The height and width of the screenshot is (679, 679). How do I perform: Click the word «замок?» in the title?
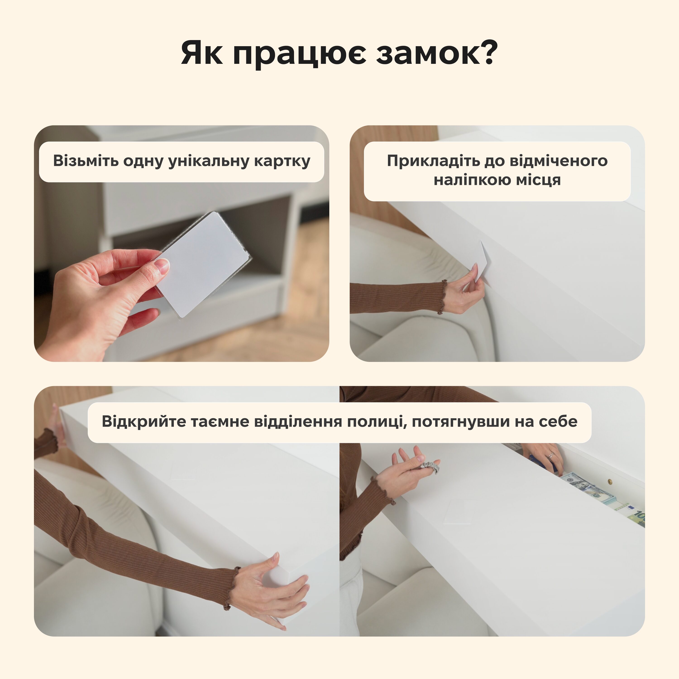(x=437, y=53)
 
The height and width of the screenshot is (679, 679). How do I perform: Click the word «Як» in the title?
(x=202, y=53)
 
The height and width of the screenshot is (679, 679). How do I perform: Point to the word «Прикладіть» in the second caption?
(x=433, y=161)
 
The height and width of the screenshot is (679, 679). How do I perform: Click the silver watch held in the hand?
(x=430, y=466)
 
